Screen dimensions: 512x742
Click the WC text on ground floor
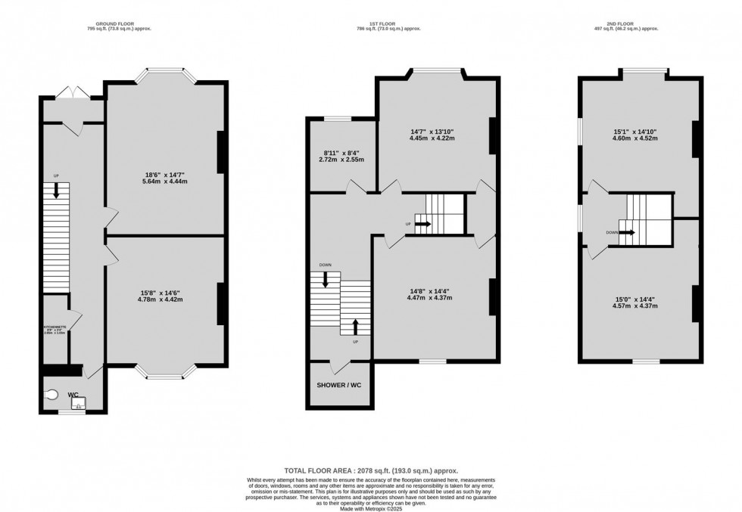click(74, 394)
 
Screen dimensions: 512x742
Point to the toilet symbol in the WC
click(51, 394)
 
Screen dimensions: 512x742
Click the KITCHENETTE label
click(55, 327)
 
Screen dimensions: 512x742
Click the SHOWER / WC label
click(339, 386)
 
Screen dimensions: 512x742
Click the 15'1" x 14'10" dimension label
click(635, 135)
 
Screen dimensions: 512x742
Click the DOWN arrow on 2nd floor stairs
click(627, 233)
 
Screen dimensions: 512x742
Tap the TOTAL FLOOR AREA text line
click(370, 470)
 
